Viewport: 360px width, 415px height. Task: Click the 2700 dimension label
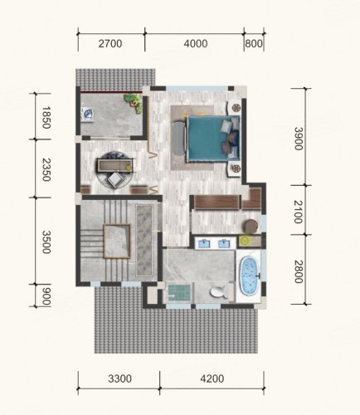[110, 44]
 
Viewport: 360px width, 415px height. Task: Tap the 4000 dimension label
[196, 44]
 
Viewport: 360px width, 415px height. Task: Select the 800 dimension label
[254, 44]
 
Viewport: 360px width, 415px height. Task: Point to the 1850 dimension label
[46, 117]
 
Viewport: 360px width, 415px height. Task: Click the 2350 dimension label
[46, 169]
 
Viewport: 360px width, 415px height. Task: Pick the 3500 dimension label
[46, 242]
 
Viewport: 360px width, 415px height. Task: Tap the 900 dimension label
[46, 295]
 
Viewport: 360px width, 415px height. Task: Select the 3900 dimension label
[298, 139]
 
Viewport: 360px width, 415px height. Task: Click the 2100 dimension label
[298, 212]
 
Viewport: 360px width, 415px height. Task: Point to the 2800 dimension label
[298, 271]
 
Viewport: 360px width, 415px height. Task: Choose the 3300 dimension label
[119, 378]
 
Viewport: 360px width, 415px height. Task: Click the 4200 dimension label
[212, 378]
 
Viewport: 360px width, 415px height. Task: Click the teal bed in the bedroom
[213, 139]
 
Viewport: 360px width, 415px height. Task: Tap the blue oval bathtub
[250, 275]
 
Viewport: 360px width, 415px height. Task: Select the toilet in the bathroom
[217, 292]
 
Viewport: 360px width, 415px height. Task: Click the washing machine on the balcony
[88, 114]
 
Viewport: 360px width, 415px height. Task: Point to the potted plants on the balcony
[134, 102]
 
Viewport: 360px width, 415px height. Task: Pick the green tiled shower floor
[179, 293]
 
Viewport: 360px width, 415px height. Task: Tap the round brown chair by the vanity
[251, 226]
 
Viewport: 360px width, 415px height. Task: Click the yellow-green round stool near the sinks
[244, 241]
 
